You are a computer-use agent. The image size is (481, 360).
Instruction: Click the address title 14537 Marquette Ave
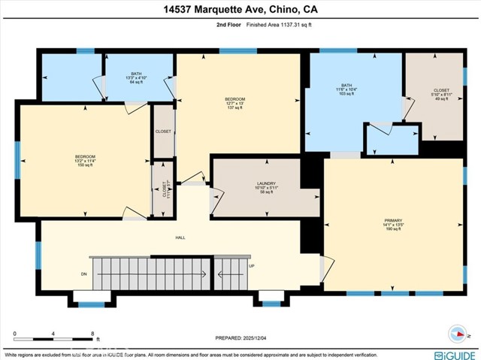(x=240, y=9)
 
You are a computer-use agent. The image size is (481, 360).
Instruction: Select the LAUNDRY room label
(x=266, y=187)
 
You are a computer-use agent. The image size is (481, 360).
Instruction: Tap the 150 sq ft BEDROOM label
(x=84, y=160)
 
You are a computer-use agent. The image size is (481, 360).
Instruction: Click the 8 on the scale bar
(x=92, y=333)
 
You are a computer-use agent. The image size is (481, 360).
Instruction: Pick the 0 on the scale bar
(x=14, y=333)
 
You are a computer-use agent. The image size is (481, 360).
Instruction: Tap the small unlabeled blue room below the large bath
(x=391, y=141)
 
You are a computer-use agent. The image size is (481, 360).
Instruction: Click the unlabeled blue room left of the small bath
(x=71, y=77)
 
